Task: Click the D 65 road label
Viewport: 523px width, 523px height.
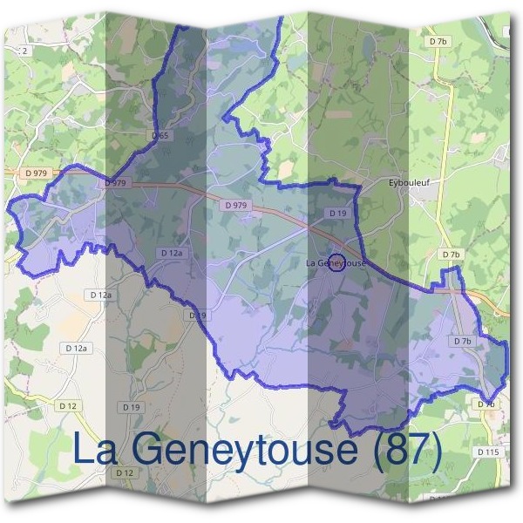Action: [159, 137]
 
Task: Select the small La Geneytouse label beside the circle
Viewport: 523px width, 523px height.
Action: [336, 262]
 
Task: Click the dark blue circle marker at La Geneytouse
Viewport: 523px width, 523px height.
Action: [336, 263]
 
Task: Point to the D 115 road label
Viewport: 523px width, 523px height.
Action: [487, 452]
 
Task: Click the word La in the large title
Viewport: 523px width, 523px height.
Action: [95, 450]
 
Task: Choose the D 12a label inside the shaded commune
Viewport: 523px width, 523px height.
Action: [171, 252]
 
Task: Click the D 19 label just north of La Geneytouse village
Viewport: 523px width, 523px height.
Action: [338, 213]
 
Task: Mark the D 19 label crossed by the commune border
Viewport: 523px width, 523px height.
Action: [197, 315]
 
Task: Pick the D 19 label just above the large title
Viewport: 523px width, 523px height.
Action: [132, 407]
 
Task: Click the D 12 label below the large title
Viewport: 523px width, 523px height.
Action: [124, 472]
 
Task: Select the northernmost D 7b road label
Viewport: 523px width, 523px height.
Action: [438, 41]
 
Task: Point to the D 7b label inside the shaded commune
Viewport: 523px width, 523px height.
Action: [462, 341]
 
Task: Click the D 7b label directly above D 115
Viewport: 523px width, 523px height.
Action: [486, 404]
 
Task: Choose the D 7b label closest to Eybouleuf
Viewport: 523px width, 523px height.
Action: [450, 255]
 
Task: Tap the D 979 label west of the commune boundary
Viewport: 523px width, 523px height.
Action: [37, 173]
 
